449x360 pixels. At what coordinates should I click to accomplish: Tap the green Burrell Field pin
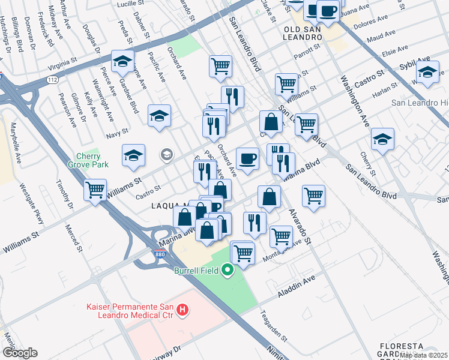227,271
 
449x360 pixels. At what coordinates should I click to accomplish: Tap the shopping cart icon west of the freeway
95,190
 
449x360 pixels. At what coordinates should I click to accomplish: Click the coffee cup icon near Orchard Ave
247,159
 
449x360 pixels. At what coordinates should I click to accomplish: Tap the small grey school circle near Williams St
166,155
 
